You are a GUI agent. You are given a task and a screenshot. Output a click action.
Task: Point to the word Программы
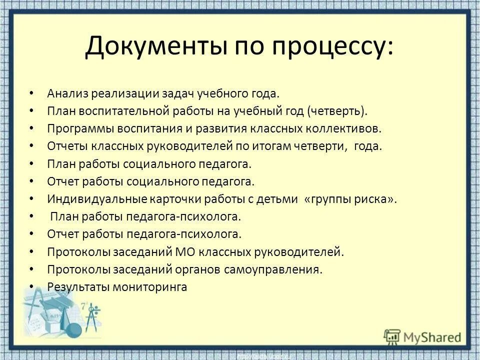coord(80,128)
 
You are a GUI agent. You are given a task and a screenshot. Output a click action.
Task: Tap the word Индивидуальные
coord(95,198)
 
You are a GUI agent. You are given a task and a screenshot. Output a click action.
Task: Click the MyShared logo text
coord(432,336)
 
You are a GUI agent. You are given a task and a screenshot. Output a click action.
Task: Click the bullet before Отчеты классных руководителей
coord(32,146)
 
